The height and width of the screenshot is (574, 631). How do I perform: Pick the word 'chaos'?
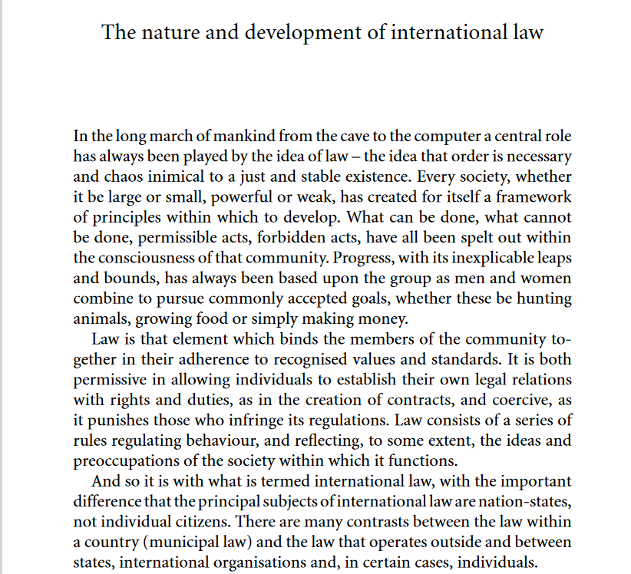(x=124, y=176)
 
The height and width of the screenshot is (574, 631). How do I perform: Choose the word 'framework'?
(x=534, y=196)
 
